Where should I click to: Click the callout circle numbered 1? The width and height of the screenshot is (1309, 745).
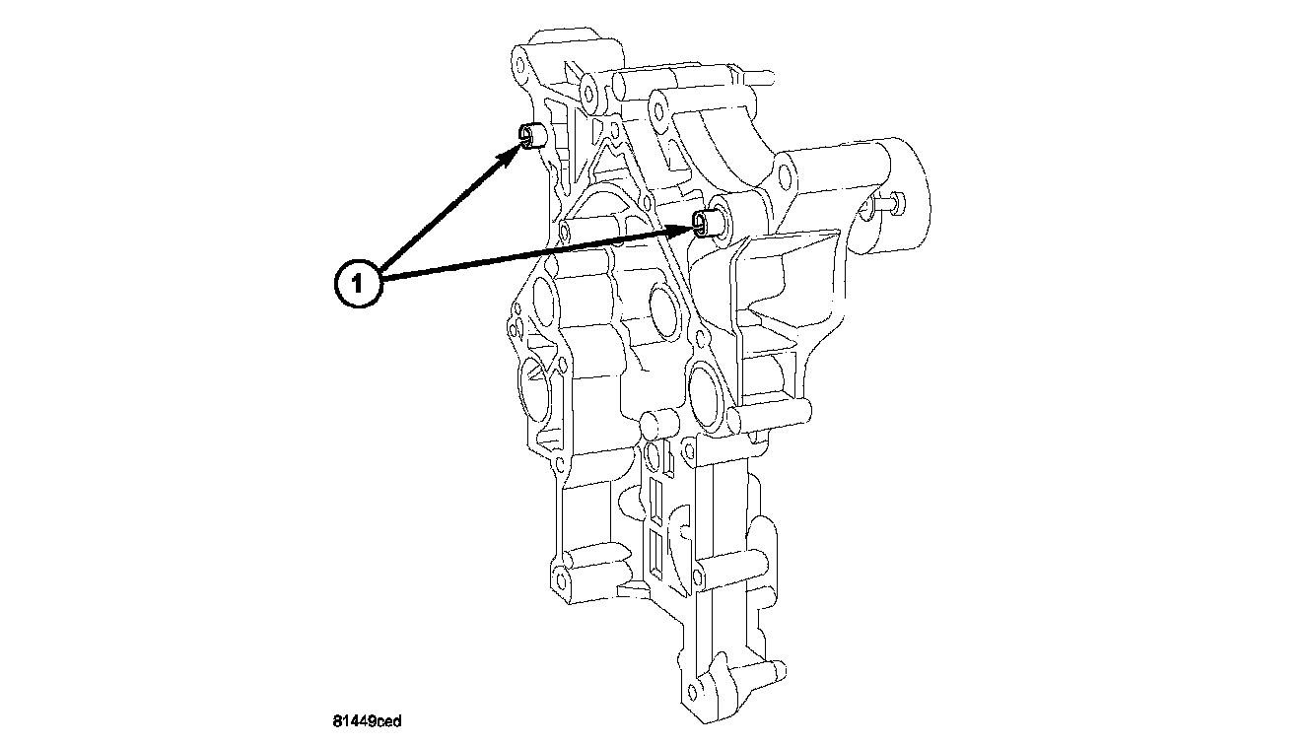click(x=359, y=284)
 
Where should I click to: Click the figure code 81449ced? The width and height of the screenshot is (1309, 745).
click(x=367, y=721)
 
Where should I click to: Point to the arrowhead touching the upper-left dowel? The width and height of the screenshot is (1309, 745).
click(x=514, y=153)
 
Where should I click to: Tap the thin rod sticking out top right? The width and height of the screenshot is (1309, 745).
click(x=759, y=73)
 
